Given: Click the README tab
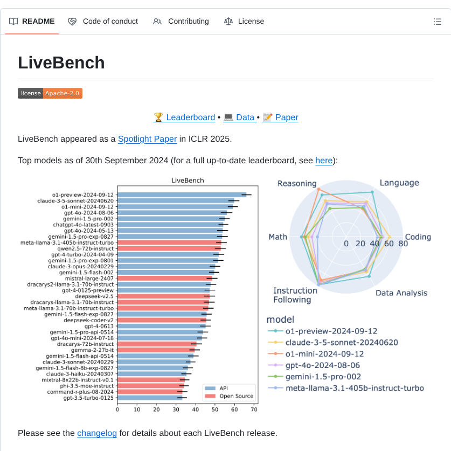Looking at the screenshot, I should [32, 22].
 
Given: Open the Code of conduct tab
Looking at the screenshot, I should [103, 22].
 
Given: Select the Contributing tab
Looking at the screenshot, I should [181, 22].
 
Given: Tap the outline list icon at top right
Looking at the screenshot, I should [438, 22].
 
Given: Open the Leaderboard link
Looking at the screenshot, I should [184, 117].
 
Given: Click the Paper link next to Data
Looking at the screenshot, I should [280, 117].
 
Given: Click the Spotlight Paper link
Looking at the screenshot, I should [147, 138].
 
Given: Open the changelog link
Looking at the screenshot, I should [97, 433].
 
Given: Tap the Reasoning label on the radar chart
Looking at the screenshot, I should [297, 184].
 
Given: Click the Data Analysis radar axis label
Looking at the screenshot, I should [401, 293].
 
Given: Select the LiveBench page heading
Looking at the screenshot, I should [61, 63].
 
